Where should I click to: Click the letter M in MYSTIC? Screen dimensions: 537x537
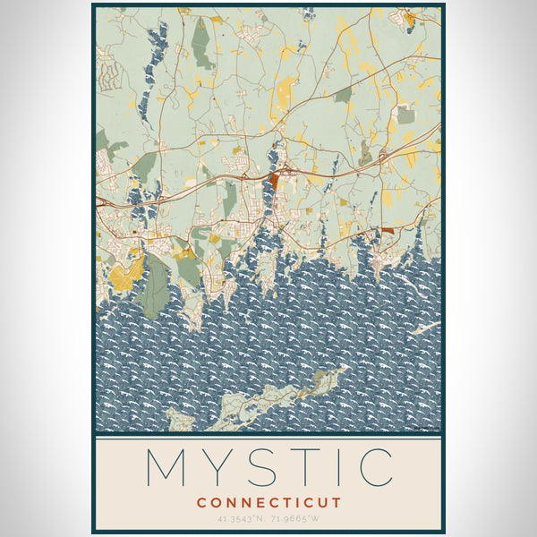pyautogui.click(x=167, y=466)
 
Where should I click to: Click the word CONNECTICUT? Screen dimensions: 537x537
pyautogui.click(x=268, y=502)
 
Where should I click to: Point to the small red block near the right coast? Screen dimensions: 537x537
pyautogui.click(x=387, y=230)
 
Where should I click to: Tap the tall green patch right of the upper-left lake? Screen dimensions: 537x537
pyautogui.click(x=202, y=45)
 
